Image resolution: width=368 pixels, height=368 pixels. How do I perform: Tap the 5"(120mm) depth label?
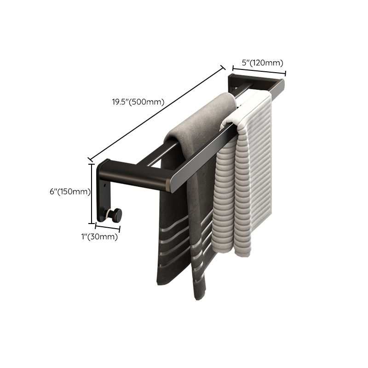tap(262, 63)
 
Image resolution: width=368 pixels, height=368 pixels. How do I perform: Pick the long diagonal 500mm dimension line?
tap(156, 112)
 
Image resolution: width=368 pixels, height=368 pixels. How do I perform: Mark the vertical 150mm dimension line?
tap(92, 190)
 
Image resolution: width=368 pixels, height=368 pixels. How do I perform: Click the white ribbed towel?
tap(244, 184)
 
